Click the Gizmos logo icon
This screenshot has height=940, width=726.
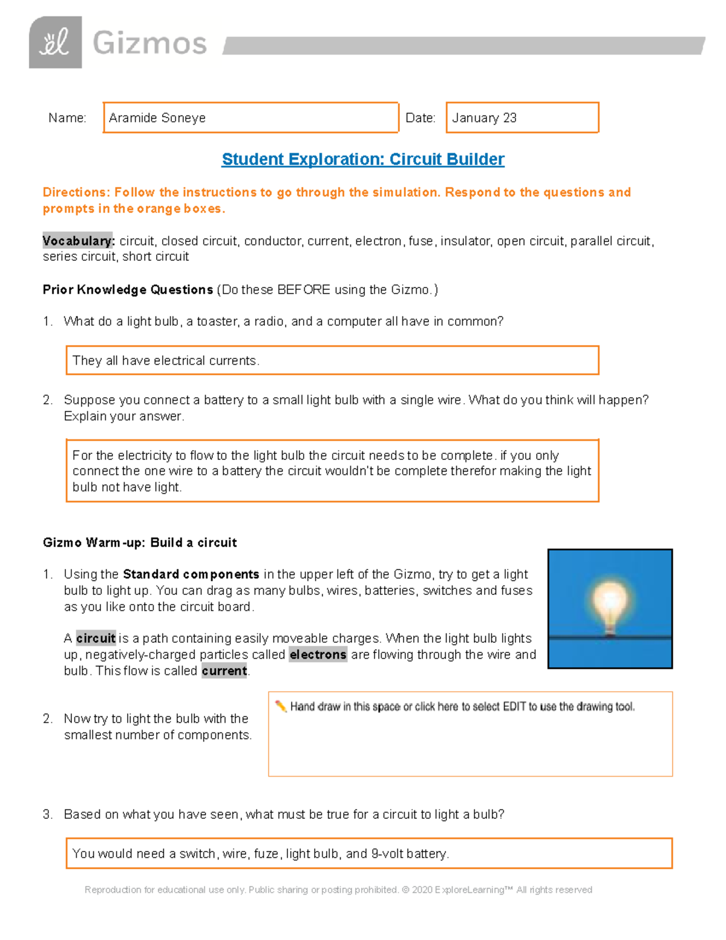(55, 42)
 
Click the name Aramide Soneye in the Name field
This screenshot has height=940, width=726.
(157, 118)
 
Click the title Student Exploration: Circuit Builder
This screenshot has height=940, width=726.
(363, 159)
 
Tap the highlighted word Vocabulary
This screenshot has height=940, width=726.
(78, 241)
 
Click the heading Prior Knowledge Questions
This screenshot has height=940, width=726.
(128, 290)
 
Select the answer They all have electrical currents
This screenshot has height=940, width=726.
(166, 361)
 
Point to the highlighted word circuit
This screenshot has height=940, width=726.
(96, 639)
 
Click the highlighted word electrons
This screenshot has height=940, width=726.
(318, 655)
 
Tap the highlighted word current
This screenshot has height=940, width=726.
(224, 671)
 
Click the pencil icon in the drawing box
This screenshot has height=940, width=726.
(281, 706)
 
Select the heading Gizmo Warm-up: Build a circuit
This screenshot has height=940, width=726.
(140, 543)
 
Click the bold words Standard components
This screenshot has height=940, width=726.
(191, 574)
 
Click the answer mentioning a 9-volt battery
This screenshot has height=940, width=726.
(260, 854)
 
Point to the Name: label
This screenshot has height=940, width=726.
(67, 118)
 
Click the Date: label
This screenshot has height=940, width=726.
(420, 118)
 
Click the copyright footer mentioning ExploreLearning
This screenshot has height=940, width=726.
(338, 890)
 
